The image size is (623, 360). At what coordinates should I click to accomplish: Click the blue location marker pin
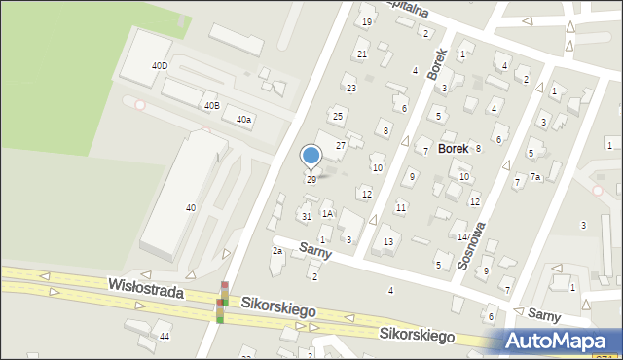(x=311, y=156)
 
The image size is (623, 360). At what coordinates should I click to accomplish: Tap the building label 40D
(x=159, y=66)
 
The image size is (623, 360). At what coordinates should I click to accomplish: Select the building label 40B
(x=211, y=105)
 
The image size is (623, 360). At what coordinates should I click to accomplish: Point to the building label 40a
(x=243, y=120)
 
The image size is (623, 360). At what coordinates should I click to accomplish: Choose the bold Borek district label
(x=454, y=149)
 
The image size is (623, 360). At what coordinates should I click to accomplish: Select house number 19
(x=367, y=22)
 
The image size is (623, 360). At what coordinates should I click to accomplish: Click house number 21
(x=362, y=54)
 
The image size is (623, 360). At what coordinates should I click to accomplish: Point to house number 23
(x=351, y=89)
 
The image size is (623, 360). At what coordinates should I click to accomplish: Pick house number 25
(x=338, y=117)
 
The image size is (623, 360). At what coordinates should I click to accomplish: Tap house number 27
(x=341, y=146)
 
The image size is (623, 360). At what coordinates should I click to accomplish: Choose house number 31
(x=306, y=216)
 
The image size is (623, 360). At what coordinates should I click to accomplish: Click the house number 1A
(x=328, y=213)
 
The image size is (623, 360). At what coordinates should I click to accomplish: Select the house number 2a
(x=277, y=251)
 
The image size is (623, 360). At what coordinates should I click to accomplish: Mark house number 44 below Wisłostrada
(x=165, y=336)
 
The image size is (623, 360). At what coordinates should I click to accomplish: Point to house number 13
(x=388, y=242)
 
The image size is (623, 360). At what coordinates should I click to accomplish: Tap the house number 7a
(x=535, y=177)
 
